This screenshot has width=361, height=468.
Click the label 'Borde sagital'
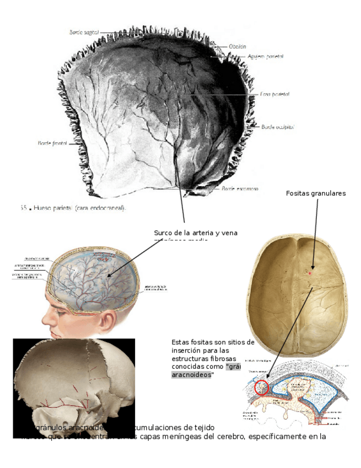(x=84, y=33)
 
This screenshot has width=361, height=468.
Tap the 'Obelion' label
(x=238, y=47)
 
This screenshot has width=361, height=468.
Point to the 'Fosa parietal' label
(x=274, y=94)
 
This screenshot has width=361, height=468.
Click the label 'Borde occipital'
(x=277, y=126)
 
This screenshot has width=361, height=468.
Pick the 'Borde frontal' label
(x=52, y=143)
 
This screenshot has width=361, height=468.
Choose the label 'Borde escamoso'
(x=240, y=189)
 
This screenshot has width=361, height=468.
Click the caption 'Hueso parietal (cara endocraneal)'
(x=80, y=208)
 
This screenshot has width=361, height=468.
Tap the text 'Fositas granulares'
(x=316, y=193)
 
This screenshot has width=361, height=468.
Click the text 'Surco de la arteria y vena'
(x=196, y=233)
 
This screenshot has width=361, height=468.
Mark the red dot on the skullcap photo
(x=310, y=272)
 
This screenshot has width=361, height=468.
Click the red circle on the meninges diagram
(x=261, y=387)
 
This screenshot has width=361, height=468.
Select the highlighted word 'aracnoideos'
(x=191, y=375)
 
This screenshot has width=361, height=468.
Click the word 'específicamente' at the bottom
(x=278, y=437)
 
